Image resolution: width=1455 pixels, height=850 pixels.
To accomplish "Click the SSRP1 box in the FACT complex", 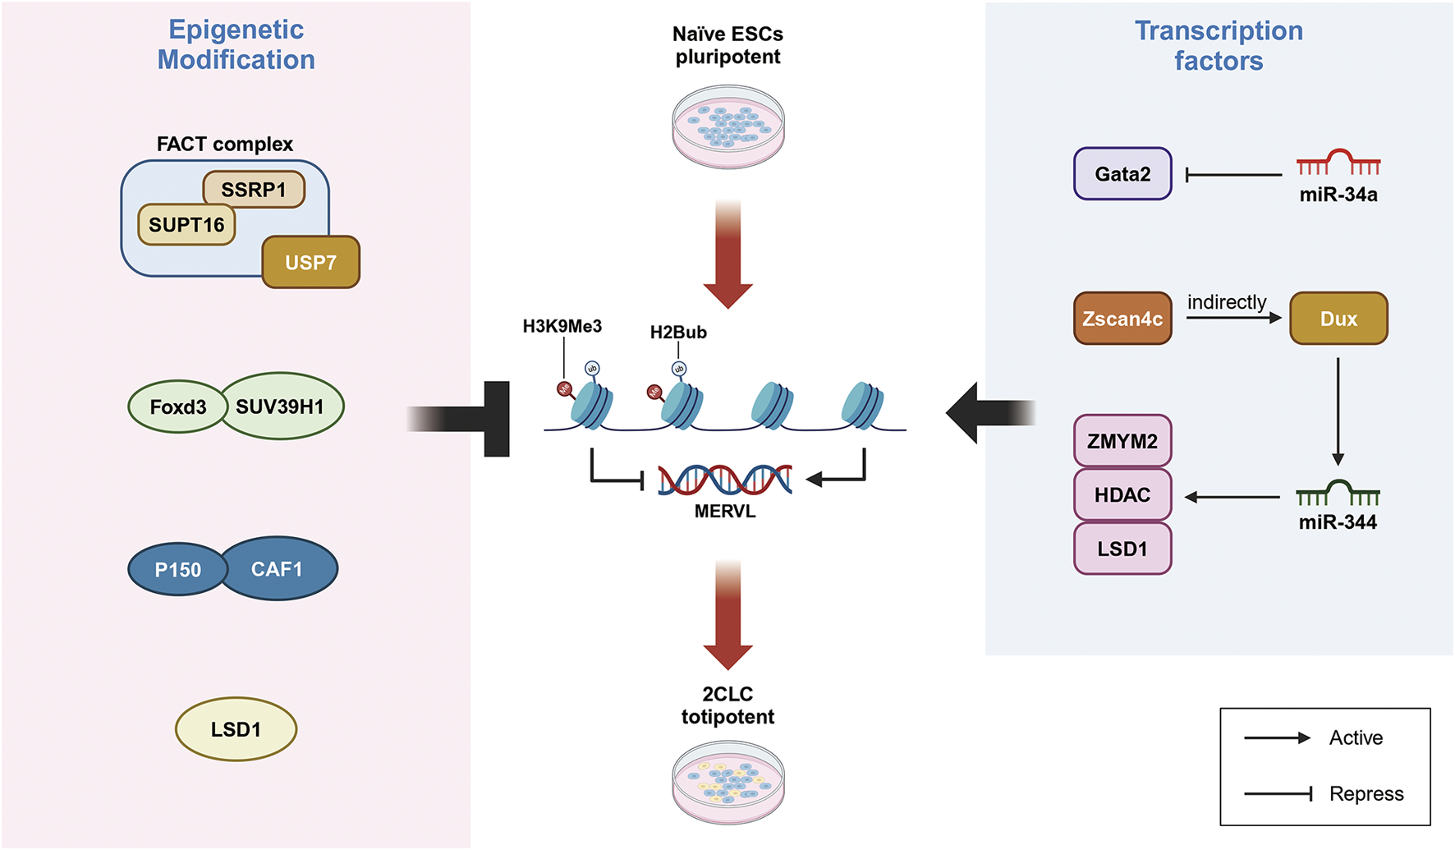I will (254, 190).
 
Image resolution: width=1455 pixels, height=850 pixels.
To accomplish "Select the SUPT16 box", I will (186, 225).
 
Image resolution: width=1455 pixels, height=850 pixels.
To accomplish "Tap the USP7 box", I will (310, 263).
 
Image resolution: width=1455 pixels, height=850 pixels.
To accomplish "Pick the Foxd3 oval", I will (177, 407).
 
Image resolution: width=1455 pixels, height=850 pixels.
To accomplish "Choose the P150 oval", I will (177, 569).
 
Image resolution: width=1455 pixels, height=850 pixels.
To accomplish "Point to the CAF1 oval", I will (278, 568).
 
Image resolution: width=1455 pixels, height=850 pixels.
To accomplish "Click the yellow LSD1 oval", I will (236, 729).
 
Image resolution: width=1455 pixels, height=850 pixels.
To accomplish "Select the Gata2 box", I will (1122, 174).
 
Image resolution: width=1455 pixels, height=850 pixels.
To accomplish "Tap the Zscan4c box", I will (1122, 319).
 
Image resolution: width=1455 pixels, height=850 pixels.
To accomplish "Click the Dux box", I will (1338, 319).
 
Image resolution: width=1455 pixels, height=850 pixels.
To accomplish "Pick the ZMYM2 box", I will (1122, 441).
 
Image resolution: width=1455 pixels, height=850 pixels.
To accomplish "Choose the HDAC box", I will (1122, 495).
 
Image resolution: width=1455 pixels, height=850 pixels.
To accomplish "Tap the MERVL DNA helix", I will (725, 480).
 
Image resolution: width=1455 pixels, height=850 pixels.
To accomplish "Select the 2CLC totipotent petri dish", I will (728, 783).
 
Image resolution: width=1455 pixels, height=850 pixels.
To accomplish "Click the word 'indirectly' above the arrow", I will (1227, 302).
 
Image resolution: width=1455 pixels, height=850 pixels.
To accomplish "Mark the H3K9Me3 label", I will (562, 327).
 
